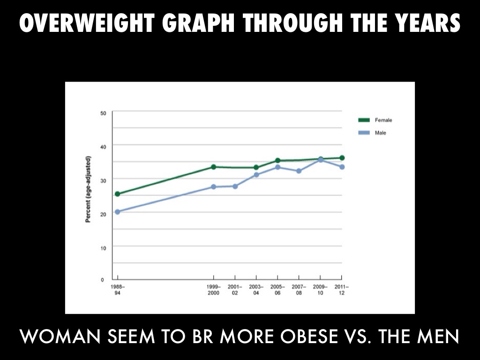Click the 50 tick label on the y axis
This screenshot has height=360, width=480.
point(103,113)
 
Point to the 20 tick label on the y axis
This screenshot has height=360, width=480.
point(103,214)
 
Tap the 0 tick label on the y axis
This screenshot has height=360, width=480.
point(102,280)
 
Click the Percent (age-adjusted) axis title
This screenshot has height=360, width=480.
point(89,189)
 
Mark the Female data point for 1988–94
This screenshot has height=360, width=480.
point(117,194)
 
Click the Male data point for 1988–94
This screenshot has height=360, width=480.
point(117,212)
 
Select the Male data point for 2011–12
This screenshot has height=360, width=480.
point(342,167)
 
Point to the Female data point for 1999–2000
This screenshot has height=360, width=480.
point(214,167)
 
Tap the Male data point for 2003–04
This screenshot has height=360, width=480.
point(256,175)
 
